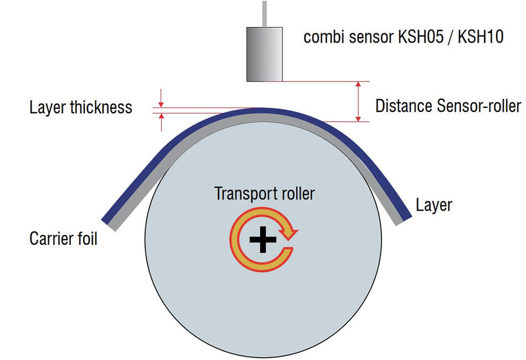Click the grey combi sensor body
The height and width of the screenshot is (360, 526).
[264, 54]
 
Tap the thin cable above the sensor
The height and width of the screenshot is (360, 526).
[264, 12]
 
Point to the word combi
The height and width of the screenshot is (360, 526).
[321, 38]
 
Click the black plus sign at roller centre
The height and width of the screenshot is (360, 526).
[262, 239]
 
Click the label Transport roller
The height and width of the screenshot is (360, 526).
[264, 194]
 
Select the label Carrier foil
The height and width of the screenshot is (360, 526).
[63, 239]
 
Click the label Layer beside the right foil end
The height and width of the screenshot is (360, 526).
[434, 205]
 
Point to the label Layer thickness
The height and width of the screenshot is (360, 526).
[81, 107]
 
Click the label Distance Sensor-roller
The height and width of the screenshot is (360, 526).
[448, 106]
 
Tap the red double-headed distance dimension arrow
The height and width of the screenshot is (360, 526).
[359, 101]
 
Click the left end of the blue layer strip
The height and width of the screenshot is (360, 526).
[108, 215]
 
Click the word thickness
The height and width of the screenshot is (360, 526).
[101, 107]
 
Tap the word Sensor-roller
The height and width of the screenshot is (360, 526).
[479, 106]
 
